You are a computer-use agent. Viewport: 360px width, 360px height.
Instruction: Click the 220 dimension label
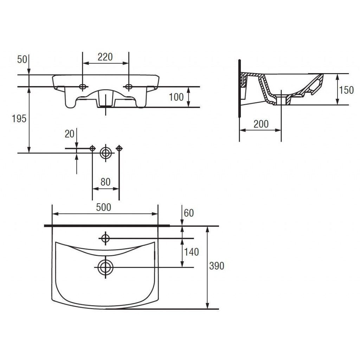[x=105, y=57]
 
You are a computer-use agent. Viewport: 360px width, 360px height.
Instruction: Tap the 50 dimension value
[x=22, y=59]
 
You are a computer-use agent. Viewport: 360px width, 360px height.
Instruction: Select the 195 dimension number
[x=19, y=119]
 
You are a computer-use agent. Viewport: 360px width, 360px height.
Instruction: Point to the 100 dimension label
[x=176, y=97]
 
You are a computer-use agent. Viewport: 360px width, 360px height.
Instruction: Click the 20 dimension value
[x=70, y=134]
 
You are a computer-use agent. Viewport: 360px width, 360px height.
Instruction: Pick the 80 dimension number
[x=105, y=182]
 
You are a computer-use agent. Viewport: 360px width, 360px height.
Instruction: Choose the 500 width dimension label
[x=104, y=207]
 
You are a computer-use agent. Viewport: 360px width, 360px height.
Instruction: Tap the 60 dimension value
[x=189, y=213]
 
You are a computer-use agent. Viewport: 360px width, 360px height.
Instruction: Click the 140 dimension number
[x=191, y=252]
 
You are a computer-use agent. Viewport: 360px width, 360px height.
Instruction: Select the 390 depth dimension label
[x=217, y=266]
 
